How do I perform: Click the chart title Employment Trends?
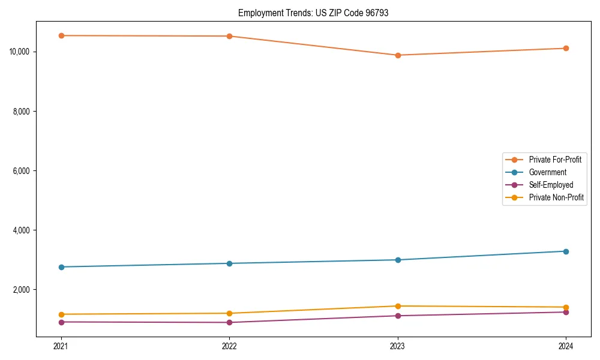(313, 13)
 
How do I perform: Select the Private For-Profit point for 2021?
(61, 35)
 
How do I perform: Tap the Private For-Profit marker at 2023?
(398, 55)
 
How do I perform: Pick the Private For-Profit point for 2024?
(566, 48)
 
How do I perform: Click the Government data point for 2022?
(229, 263)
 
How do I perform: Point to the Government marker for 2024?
(566, 251)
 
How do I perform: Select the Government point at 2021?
(61, 267)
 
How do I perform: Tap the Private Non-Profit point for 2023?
(398, 306)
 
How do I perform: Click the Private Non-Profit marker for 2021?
(61, 314)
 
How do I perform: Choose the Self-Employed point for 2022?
(229, 323)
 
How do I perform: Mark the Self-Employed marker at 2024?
(566, 312)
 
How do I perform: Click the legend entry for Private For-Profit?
(554, 160)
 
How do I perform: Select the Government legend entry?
(547, 172)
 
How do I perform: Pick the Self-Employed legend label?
(551, 185)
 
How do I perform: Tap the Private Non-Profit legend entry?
(556, 197)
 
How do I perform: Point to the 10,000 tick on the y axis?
(21, 52)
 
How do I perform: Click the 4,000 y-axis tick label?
(23, 230)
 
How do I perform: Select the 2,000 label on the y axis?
(23, 290)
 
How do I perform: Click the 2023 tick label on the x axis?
(398, 346)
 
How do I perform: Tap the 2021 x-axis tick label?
(61, 346)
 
